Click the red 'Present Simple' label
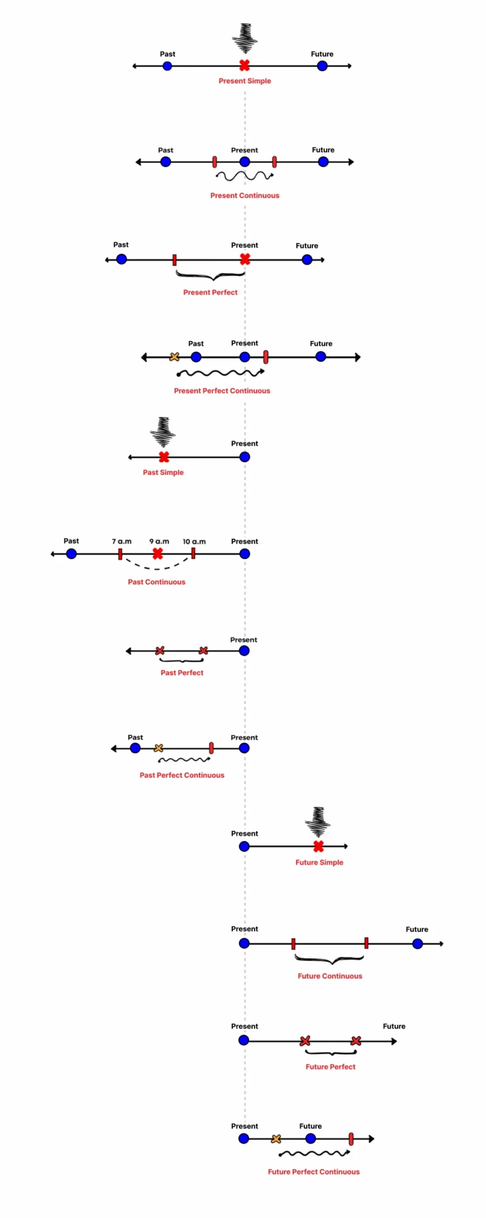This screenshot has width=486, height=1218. pyautogui.click(x=244, y=81)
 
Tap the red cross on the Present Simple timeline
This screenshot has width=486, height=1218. pyautogui.click(x=244, y=66)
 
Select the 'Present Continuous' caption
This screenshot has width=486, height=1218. pyautogui.click(x=244, y=196)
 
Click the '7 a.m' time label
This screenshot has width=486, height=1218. pyautogui.click(x=122, y=541)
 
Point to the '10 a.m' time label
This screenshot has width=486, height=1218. pyautogui.click(x=194, y=541)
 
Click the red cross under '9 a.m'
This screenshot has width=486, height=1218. pyautogui.click(x=158, y=553)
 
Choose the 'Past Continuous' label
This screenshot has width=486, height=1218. pyautogui.click(x=156, y=582)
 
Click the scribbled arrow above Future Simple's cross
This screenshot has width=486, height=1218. pyautogui.click(x=318, y=822)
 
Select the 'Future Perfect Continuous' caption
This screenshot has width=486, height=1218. pyautogui.click(x=313, y=1172)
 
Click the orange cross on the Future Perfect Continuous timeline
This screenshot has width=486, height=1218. pyautogui.click(x=276, y=1139)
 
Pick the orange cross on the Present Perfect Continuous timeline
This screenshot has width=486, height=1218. pyautogui.click(x=175, y=357)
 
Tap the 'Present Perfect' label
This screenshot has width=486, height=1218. pyautogui.click(x=210, y=293)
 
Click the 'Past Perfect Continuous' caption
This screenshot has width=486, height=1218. pyautogui.click(x=182, y=775)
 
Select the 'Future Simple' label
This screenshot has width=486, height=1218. pyautogui.click(x=319, y=863)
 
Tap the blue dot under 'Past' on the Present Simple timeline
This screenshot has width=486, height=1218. pyautogui.click(x=167, y=66)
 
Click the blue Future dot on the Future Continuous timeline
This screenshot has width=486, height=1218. pyautogui.click(x=417, y=943)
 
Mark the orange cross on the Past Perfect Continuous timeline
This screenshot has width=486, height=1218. pyautogui.click(x=159, y=748)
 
